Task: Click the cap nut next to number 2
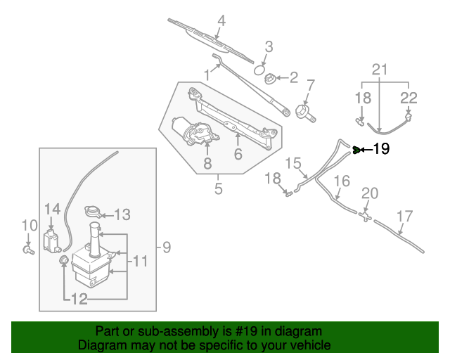point(271,79)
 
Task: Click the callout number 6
point(238,153)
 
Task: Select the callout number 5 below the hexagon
point(218,188)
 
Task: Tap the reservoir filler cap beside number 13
point(91,213)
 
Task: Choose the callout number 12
point(79,300)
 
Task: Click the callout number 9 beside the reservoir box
point(167,247)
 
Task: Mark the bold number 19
point(380,149)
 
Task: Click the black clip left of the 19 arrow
point(356,149)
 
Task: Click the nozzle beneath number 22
point(408,116)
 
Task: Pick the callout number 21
point(380,70)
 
